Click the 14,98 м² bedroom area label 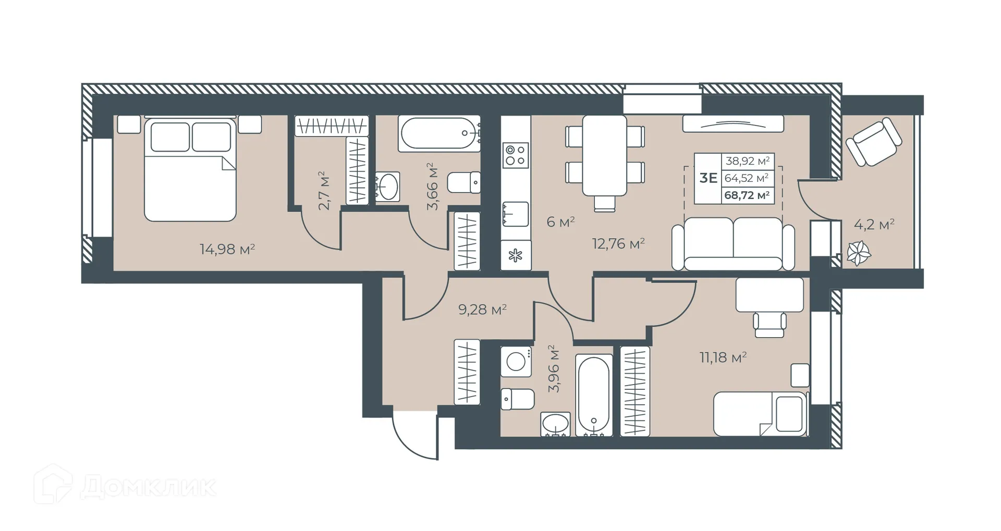point(227,249)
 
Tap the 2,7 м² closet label point(324,190)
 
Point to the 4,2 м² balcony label point(874,225)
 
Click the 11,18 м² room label point(723,357)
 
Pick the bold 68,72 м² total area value point(747,195)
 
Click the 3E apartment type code point(708,178)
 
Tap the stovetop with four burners point(516,155)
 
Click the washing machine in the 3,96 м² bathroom point(516,361)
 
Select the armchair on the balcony point(874,141)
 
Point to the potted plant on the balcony point(858,254)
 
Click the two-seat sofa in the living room point(733,244)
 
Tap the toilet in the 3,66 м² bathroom point(464,182)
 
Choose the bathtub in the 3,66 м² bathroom point(439,134)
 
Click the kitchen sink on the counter point(516,214)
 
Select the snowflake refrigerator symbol point(516,255)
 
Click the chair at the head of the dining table point(604,203)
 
